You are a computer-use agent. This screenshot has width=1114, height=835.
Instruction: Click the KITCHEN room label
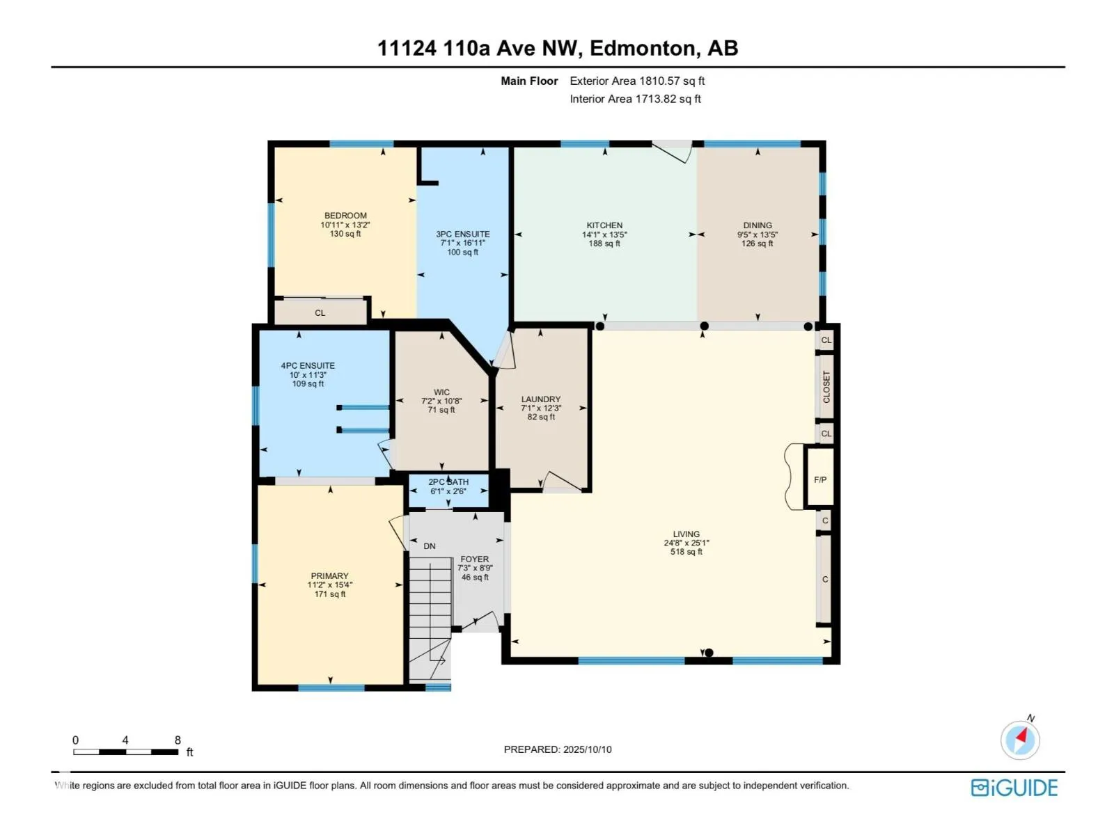pos(604,225)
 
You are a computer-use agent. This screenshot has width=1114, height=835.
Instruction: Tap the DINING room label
pos(758,225)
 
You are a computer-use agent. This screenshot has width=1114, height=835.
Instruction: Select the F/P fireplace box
pos(819,477)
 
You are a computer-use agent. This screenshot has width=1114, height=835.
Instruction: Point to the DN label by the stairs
pos(430,546)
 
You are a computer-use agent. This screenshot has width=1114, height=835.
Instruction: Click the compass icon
pos(1019,739)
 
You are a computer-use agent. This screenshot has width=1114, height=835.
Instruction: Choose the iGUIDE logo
pos(1014,788)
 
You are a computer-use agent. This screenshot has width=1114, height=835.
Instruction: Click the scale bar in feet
pos(126,752)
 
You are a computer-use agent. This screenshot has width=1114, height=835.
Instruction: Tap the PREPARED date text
pos(557,749)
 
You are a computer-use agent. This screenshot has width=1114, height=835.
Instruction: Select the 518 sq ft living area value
pos(687,552)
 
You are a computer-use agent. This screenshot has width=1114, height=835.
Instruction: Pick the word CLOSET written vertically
pos(826,387)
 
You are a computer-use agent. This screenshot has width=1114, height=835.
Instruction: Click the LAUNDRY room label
pos(540,399)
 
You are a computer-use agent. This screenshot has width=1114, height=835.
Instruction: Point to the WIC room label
pos(441,392)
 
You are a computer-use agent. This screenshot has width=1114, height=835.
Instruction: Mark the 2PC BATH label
pos(448,482)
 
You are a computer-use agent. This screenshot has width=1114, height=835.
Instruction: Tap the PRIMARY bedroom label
pos(329,575)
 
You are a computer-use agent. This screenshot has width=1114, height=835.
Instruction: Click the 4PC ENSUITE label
pos(308,365)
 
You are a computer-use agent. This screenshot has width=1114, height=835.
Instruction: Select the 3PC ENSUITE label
pos(462,234)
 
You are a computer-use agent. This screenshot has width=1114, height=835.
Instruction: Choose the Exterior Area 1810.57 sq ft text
pos(637,81)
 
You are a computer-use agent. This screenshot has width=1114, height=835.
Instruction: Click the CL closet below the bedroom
pos(320,313)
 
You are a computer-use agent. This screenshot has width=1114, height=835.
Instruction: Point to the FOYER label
pos(475,559)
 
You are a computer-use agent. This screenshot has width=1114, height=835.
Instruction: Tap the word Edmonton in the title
pos(643,49)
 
